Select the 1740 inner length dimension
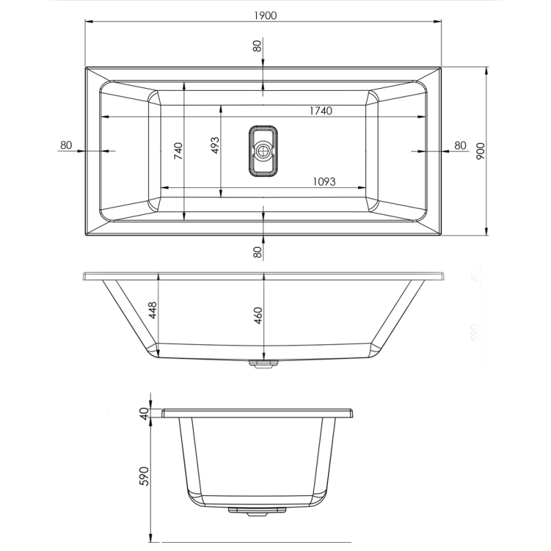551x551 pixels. (x=320, y=111)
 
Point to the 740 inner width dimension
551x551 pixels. (x=178, y=151)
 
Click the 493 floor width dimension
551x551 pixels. (x=214, y=145)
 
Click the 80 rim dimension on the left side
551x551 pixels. (x=66, y=145)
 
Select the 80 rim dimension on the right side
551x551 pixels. (x=460, y=145)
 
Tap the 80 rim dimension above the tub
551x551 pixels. (x=257, y=47)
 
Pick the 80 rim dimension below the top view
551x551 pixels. (x=257, y=252)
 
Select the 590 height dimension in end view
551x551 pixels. (x=145, y=477)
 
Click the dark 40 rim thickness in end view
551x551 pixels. (x=144, y=413)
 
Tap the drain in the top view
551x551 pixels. (x=262, y=151)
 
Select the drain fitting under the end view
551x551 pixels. (x=256, y=510)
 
